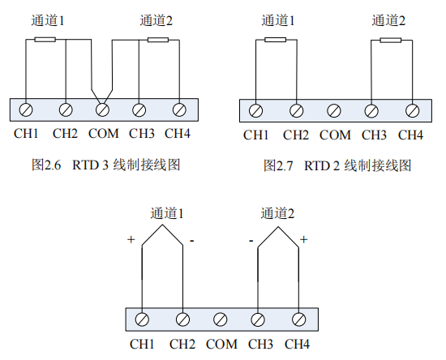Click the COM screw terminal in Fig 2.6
click(x=103, y=109)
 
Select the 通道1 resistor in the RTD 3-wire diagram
click(x=45, y=40)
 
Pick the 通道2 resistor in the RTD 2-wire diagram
click(x=391, y=41)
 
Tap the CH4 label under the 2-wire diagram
click(x=410, y=135)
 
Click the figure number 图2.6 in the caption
click(x=46, y=165)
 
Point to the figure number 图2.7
click(x=278, y=165)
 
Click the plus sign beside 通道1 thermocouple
click(x=131, y=239)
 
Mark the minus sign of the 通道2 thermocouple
click(x=251, y=241)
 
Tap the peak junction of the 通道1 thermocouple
click(x=162, y=225)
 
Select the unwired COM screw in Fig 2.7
click(x=334, y=111)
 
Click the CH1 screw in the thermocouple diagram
click(x=142, y=319)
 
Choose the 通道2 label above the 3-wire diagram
click(x=157, y=20)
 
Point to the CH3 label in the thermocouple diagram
click(x=260, y=344)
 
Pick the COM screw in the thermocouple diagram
click(x=220, y=319)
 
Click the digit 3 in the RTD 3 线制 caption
click(x=105, y=165)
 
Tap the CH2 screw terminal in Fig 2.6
click(x=66, y=109)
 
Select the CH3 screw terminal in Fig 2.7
click(x=371, y=111)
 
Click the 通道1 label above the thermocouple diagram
click(x=167, y=213)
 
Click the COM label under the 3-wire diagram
click(x=104, y=133)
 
